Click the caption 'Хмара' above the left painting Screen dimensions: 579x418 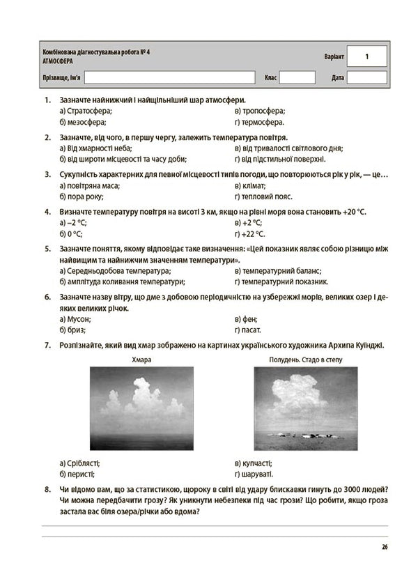point(141,360)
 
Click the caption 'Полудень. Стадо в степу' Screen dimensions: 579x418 point(301,360)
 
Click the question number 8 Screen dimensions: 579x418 point(47,488)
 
